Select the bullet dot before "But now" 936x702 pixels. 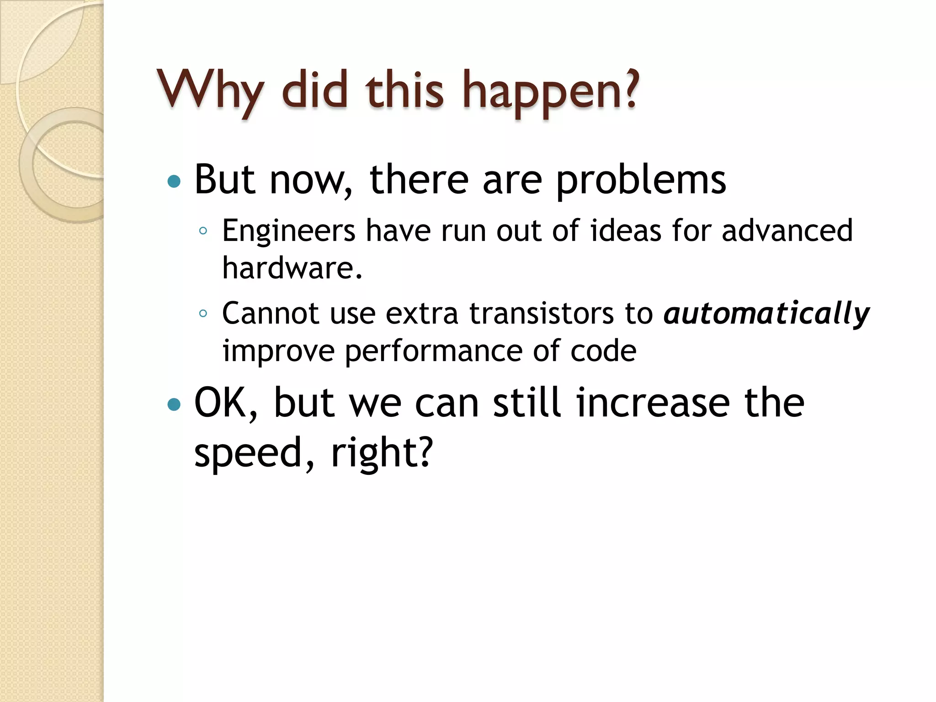click(x=174, y=182)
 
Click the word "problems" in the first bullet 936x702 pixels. click(x=641, y=181)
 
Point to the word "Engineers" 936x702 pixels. click(x=289, y=231)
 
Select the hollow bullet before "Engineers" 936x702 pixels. click(x=203, y=231)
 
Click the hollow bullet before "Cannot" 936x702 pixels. click(x=203, y=314)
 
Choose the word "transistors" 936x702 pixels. click(x=542, y=314)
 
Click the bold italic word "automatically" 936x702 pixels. click(x=766, y=314)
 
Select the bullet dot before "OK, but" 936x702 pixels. click(x=174, y=404)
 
